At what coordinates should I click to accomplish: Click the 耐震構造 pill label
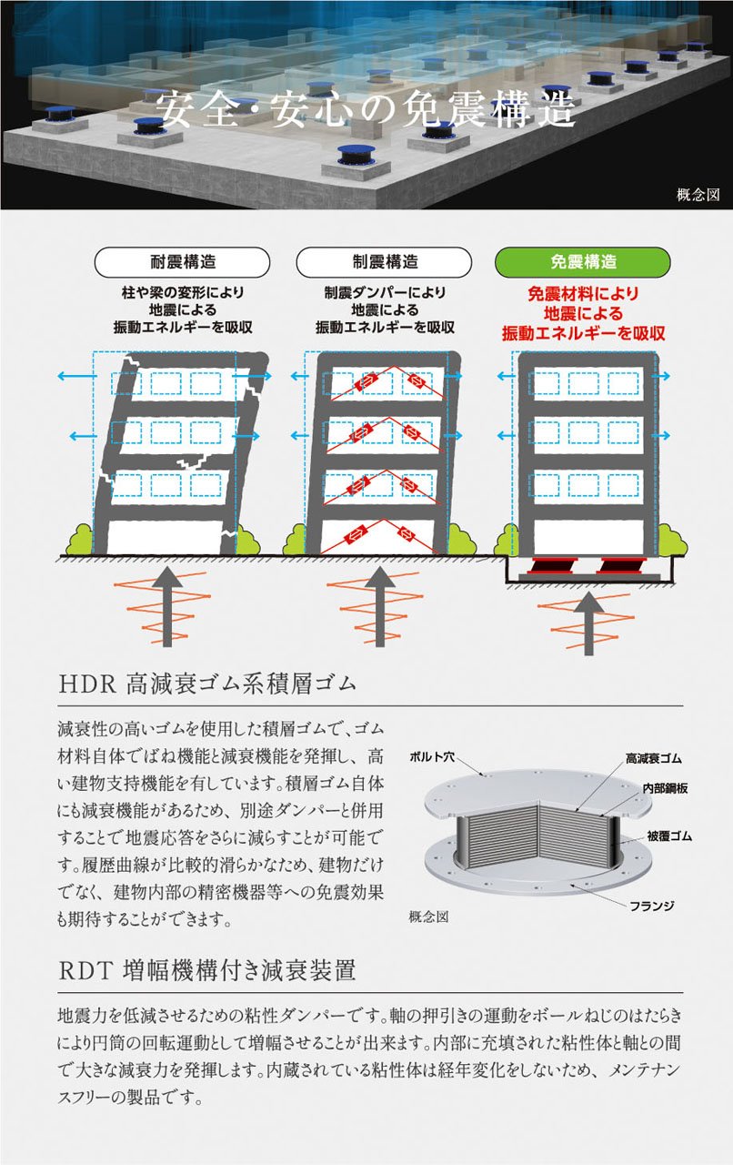[x=183, y=262]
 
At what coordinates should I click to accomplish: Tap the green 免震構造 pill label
[x=583, y=262]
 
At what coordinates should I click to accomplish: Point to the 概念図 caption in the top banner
[x=698, y=193]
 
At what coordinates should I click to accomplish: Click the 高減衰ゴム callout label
[x=653, y=757]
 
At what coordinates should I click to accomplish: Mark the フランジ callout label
[x=651, y=906]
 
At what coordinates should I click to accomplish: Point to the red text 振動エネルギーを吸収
[x=583, y=334]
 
